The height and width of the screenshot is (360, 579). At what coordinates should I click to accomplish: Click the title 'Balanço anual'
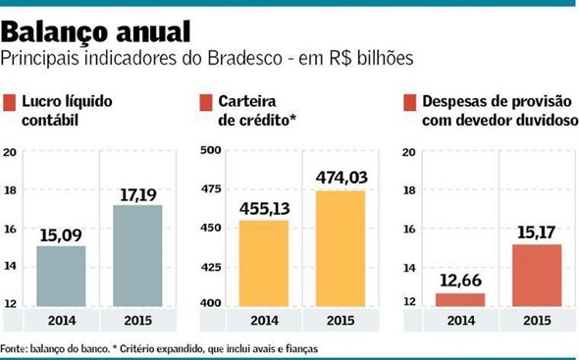[x=94, y=26]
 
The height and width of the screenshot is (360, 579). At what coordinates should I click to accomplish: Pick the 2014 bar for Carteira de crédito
[x=264, y=262]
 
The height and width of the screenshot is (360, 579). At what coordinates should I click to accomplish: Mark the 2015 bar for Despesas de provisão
[x=531, y=275]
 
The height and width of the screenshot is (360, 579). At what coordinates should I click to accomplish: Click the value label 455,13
[x=264, y=208]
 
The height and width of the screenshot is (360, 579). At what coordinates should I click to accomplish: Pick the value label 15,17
[x=531, y=231]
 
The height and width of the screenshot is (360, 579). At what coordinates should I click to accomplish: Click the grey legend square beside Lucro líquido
[x=10, y=102]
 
